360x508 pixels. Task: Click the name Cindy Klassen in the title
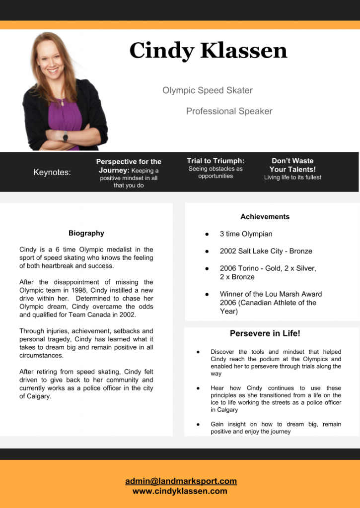point(208,51)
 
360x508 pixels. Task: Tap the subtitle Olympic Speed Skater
point(208,90)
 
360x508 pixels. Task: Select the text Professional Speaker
point(229,111)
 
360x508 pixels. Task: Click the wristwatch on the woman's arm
point(65,136)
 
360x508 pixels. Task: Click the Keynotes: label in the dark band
point(52,172)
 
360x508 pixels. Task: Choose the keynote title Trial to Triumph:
point(216,161)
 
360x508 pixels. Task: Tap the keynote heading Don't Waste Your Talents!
point(292,165)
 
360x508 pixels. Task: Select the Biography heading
point(86,233)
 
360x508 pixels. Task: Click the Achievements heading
point(265,217)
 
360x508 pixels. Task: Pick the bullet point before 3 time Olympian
point(207,234)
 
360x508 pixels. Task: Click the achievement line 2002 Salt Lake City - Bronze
point(266,251)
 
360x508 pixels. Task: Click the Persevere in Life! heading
point(265,333)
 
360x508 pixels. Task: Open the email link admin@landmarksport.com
point(181,481)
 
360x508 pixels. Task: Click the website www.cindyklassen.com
point(180,491)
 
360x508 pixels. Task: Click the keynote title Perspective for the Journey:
point(128,166)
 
